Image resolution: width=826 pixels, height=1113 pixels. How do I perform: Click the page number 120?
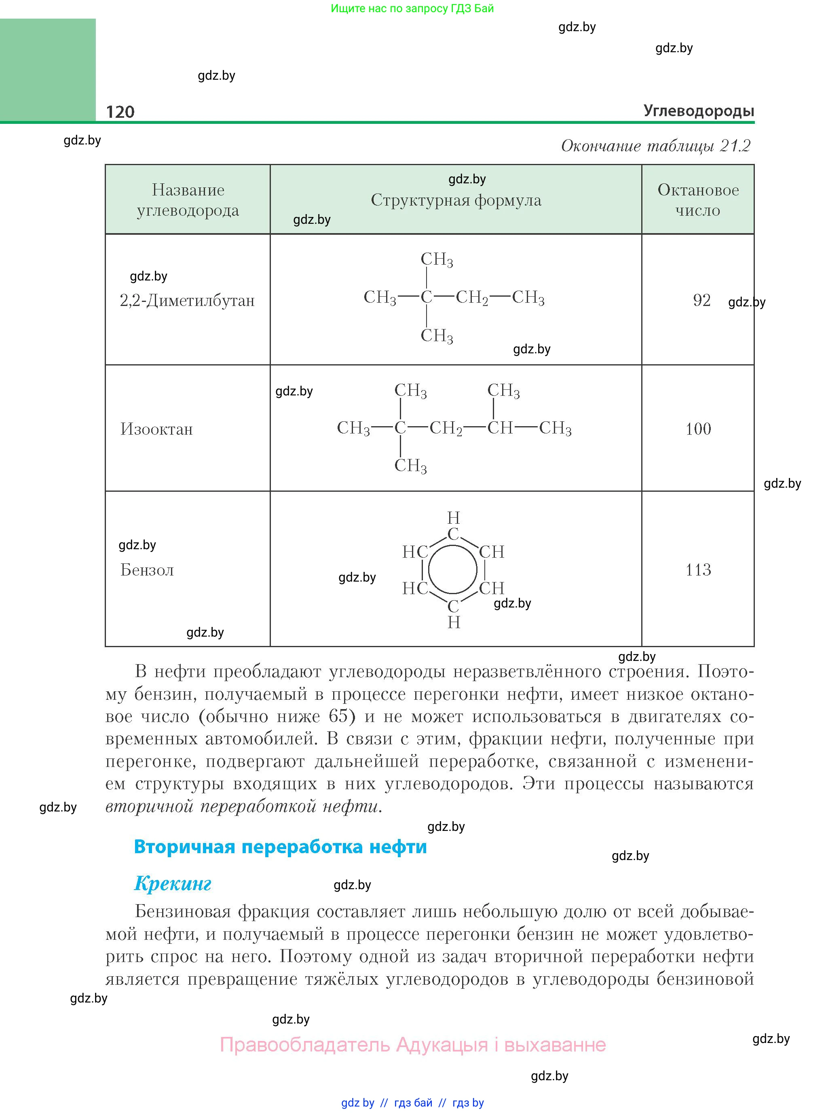(120, 112)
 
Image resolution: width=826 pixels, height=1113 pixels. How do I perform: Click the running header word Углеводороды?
(699, 110)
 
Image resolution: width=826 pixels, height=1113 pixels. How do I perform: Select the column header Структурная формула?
(456, 200)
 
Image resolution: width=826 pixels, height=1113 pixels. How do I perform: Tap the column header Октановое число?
(697, 200)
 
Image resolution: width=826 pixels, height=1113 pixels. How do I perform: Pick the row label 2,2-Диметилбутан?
(187, 300)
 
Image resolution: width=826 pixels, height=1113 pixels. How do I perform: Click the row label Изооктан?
(156, 429)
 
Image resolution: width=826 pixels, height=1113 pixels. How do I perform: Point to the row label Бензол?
(147, 569)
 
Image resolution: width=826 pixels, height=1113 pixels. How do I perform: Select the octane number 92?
(701, 300)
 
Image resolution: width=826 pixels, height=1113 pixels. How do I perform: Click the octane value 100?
(698, 428)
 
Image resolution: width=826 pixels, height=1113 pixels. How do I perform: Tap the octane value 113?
(698, 569)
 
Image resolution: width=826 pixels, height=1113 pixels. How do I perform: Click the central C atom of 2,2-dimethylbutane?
(426, 297)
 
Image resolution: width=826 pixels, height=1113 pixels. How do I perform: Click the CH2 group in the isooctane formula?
(446, 428)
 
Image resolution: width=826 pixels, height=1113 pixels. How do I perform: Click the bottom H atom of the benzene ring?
(454, 622)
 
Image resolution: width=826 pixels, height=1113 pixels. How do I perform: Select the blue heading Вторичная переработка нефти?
(280, 847)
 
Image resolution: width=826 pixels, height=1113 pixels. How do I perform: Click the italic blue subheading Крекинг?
(173, 884)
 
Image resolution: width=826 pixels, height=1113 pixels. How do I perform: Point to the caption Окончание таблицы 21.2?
(655, 146)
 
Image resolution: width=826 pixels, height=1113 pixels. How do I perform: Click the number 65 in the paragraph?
(338, 716)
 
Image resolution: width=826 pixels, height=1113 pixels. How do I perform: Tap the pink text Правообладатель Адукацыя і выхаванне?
(412, 1045)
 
